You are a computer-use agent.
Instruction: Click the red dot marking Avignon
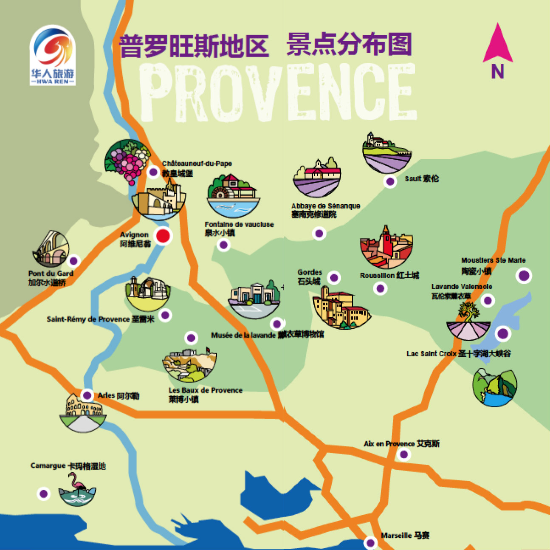[x=163, y=236]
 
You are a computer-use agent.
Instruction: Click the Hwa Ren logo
[x=53, y=55]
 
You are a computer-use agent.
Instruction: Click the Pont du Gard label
[x=51, y=278]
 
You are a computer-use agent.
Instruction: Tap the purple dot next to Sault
[x=390, y=182]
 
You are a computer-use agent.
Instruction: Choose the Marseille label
[x=405, y=536]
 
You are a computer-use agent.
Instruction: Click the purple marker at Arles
[x=87, y=395]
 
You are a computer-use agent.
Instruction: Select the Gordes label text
[x=309, y=276]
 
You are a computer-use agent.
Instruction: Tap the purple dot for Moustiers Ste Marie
[x=524, y=276]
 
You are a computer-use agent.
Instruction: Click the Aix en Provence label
[x=401, y=444]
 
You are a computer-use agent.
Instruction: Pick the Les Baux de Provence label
[x=206, y=394]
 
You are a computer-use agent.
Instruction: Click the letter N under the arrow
[x=498, y=72]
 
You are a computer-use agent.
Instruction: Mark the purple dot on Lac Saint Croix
[x=503, y=333]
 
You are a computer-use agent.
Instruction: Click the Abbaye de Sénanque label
[x=325, y=210]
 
